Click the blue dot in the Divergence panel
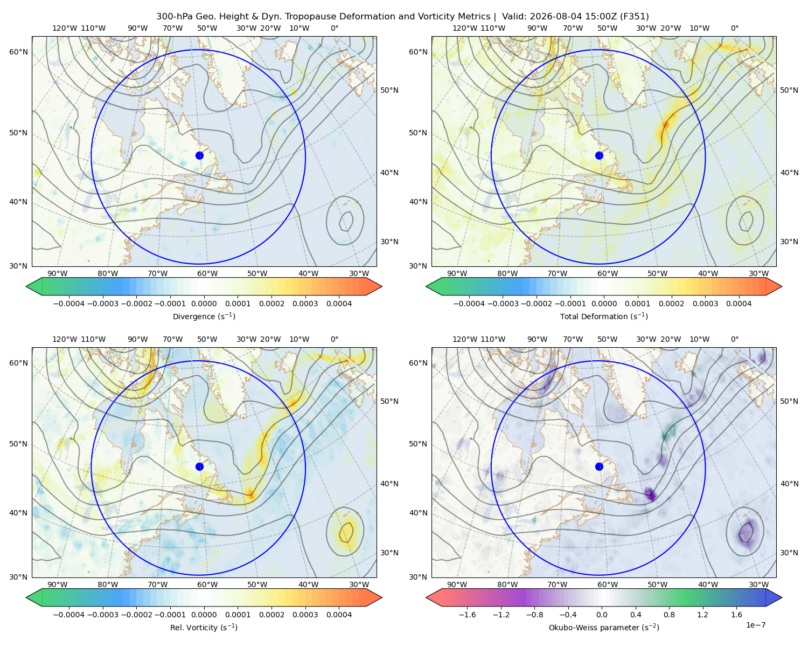199,155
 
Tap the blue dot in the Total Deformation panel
599,155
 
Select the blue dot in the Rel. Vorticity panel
199,466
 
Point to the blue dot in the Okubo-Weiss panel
599,466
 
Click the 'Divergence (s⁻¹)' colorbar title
204,316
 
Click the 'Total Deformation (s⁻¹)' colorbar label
604,316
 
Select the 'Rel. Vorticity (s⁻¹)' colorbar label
204,627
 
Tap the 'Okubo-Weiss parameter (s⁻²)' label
604,627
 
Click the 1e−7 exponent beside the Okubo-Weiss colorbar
755,625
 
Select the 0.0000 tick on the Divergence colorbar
204,304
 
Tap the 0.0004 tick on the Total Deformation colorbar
739,304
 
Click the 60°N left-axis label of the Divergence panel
18,52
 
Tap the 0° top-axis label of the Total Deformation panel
734,28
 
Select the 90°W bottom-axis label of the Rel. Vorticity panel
58,584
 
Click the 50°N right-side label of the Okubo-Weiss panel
789,401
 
